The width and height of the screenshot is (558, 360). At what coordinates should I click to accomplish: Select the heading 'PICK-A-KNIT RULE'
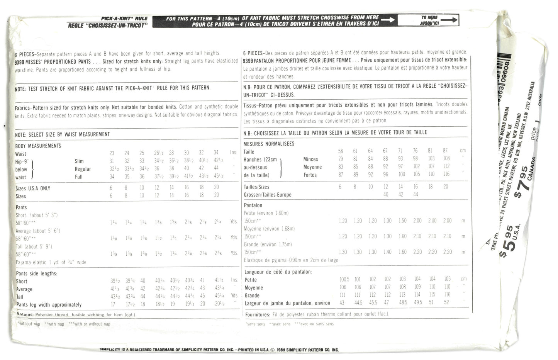coord(124,19)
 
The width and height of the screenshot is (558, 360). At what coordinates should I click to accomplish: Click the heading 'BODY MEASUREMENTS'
coord(38,146)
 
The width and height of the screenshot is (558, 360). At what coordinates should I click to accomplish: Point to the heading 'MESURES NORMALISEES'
coord(268,144)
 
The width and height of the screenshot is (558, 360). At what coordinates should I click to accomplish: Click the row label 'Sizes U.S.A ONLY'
coord(32,188)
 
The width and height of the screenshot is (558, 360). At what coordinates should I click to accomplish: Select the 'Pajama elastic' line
coord(51,262)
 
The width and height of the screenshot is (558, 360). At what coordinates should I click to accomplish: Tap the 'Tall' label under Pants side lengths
coord(20,297)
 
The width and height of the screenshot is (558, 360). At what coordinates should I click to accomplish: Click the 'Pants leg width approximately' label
coord(49,305)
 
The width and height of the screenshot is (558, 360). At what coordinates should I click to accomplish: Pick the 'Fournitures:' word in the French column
coord(258,314)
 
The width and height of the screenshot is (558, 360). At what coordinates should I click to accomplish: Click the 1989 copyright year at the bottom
coord(283,350)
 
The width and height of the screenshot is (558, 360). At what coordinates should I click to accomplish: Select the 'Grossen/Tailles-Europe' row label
coord(268,195)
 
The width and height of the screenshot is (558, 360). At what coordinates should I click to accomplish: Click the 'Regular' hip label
coord(83,169)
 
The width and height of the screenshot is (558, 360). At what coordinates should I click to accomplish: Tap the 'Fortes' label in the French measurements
coord(310,175)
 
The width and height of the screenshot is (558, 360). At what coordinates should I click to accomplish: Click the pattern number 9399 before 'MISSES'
coord(20,61)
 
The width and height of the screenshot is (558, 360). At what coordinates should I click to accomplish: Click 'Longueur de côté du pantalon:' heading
coord(278,272)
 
